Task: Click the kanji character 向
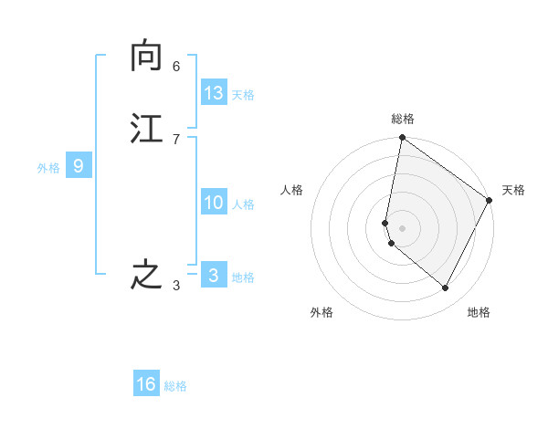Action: (x=146, y=58)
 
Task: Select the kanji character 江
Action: (x=146, y=128)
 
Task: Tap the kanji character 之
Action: (x=146, y=275)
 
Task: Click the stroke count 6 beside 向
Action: (x=176, y=67)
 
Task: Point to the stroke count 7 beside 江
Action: (x=176, y=139)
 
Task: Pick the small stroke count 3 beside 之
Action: (x=176, y=287)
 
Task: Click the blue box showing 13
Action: (x=214, y=93)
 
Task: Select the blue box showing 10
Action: (x=214, y=203)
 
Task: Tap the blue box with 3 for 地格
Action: (x=214, y=275)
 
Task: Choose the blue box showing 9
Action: (x=79, y=166)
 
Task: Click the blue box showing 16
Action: (x=146, y=384)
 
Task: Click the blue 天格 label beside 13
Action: (x=243, y=95)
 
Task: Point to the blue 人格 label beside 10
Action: (x=243, y=204)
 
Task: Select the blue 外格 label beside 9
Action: (x=48, y=168)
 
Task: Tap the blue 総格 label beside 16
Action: (x=175, y=386)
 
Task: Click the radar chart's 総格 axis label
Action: (x=403, y=119)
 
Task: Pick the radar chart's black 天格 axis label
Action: (x=513, y=190)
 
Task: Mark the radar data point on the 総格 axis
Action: (x=403, y=139)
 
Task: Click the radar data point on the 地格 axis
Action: (x=446, y=288)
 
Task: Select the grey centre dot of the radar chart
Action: (x=403, y=227)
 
